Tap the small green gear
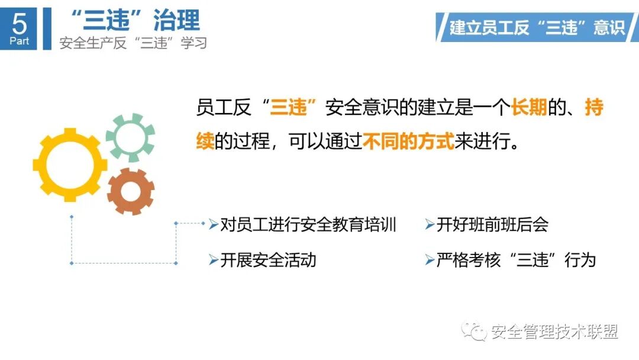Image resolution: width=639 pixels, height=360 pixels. tap(131, 137)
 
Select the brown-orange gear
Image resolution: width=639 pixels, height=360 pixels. tap(131, 191)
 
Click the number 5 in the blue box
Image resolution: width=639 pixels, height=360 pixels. tap(19, 24)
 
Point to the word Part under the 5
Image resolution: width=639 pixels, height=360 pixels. tap(19, 41)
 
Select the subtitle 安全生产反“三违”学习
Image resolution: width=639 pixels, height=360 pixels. tap(133, 43)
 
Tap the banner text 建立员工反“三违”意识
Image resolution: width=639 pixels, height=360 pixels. tap(537, 27)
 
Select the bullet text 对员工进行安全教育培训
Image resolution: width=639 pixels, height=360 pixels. tap(308, 225)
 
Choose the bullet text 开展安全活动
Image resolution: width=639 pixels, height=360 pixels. tap(268, 260)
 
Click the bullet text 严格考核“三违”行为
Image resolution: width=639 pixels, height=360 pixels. tap(515, 260)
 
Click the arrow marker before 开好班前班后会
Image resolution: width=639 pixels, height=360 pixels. tap(430, 225)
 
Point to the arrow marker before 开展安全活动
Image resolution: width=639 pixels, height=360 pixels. tap(214, 260)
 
